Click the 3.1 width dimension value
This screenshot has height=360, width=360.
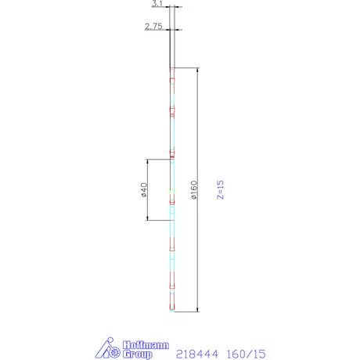(157, 5)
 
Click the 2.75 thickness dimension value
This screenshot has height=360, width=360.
(153, 27)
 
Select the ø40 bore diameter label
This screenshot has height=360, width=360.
(144, 189)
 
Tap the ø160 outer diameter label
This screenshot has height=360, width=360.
(193, 189)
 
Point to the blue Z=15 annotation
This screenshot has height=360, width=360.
(221, 189)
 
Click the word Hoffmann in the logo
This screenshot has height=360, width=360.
(141, 343)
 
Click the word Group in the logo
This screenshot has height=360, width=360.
(139, 353)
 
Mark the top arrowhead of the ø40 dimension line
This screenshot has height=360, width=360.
(147, 161)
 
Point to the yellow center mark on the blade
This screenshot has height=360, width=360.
(173, 189)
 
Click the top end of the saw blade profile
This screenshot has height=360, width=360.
(171, 69)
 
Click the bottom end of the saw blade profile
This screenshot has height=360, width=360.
(171, 311)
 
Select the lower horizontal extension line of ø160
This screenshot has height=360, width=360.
(186, 311)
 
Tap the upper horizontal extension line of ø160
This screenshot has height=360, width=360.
(186, 67)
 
